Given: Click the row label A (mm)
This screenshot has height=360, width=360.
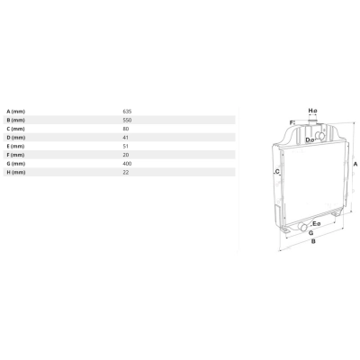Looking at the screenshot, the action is coord(16,112).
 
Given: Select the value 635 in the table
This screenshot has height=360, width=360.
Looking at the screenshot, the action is coord(127,112).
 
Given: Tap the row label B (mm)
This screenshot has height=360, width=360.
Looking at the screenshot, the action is coord(16,121).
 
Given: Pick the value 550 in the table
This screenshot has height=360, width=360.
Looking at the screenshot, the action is coord(127,120).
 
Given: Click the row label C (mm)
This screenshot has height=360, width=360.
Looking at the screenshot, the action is coord(16,129).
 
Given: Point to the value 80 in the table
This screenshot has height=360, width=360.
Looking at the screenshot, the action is coord(126,129).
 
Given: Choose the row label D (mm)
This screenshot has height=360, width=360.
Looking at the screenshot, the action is coord(16,138).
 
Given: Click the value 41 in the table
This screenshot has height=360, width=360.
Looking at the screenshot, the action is coord(125,138).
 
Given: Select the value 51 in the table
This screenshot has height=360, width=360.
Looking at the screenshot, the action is coord(125,146).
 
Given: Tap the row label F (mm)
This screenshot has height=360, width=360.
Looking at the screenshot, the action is coord(16,155).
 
